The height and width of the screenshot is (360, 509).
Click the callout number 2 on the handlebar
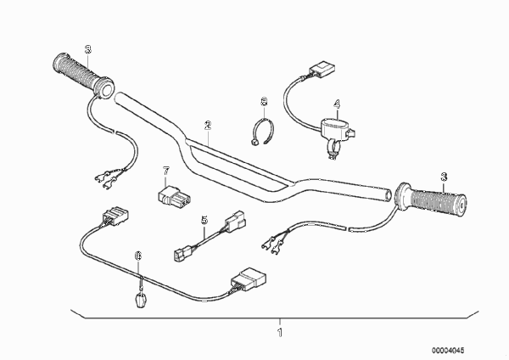pos(208,125)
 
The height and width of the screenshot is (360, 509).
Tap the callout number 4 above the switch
pos(337,104)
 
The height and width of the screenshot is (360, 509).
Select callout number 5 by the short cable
pos(204,220)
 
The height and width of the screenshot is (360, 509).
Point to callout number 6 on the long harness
pos(138,256)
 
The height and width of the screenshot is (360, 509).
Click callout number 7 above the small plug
pos(166,171)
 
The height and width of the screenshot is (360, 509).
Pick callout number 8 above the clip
pos(264,102)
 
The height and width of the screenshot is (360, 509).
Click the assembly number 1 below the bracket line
pos(280,333)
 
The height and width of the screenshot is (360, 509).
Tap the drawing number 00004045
pos(448,351)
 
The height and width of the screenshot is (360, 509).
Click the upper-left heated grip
pos(83,75)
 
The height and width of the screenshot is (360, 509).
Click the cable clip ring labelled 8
pos(262,132)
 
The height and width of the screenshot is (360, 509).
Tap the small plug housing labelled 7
pos(174,196)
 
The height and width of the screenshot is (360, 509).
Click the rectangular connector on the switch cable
pos(322,70)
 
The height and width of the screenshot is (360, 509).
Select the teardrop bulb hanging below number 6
pos(140,300)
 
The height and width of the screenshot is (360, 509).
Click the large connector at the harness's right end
pos(249,279)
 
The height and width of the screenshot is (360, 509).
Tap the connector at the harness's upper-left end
pos(115,216)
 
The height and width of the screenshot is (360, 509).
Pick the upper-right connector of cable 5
pos(235,222)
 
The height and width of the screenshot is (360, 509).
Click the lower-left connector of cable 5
pos(182,254)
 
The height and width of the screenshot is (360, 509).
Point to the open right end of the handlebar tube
pos(388,195)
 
